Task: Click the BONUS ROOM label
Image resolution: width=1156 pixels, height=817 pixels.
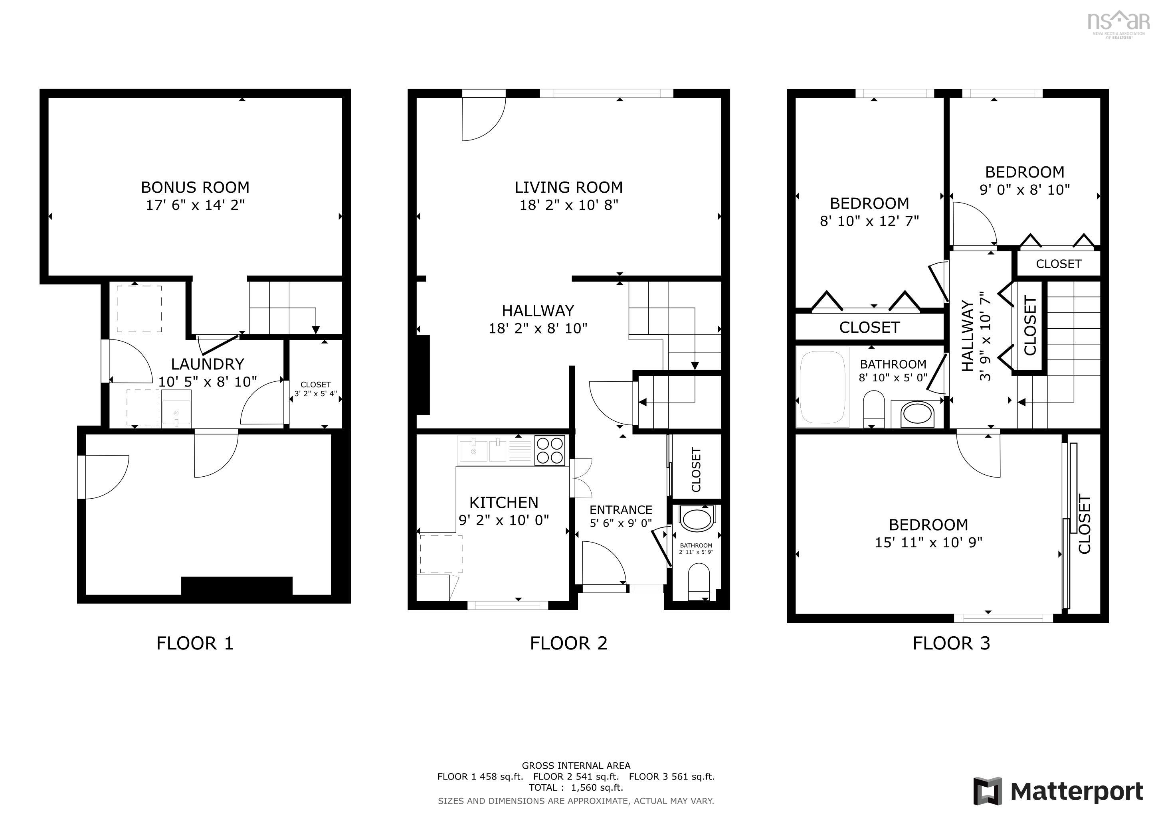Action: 195,187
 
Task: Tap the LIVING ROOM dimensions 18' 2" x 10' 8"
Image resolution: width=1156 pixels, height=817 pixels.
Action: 568,205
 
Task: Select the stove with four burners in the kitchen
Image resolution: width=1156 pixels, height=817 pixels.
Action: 549,451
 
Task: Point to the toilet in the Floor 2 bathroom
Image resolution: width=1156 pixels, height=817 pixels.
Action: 698,580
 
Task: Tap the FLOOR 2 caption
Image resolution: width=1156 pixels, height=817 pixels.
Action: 568,643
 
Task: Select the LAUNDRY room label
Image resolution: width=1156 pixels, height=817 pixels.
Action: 208,364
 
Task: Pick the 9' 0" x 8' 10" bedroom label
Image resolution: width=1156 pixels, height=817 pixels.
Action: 1025,189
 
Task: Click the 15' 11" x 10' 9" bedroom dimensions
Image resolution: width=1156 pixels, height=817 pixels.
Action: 928,542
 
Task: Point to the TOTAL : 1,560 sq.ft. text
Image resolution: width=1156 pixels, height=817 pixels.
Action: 576,788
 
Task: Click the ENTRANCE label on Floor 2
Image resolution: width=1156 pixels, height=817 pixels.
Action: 620,509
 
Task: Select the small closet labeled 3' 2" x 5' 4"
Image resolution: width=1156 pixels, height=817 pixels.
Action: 316,389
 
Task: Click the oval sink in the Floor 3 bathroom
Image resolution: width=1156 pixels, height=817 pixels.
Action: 917,414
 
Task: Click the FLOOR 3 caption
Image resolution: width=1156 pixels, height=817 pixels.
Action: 951,643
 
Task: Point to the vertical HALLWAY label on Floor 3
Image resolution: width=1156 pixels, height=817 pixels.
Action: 967,336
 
